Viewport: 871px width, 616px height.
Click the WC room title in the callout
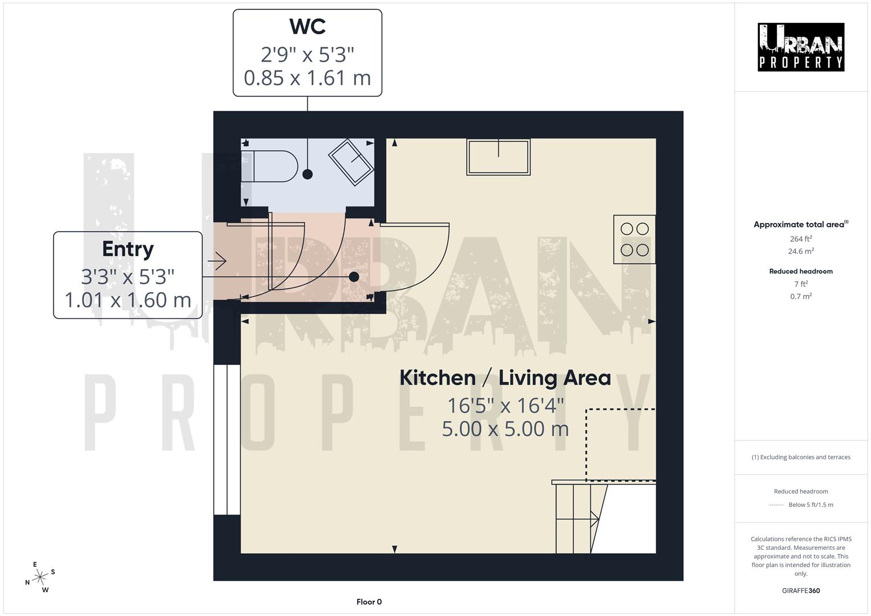[307, 27]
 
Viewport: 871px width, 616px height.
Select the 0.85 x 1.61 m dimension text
[307, 78]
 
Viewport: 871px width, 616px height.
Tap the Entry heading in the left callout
[128, 249]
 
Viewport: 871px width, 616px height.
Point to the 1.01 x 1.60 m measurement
[128, 300]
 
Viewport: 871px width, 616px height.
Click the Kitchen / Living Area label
[505, 378]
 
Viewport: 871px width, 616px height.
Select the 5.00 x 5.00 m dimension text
[505, 429]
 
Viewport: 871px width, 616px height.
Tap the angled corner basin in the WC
[351, 162]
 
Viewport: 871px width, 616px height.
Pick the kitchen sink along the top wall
[498, 157]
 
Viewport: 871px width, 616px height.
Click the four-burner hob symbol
[634, 239]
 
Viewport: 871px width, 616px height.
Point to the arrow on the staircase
[594, 519]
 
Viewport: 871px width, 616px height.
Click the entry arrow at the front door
[217, 261]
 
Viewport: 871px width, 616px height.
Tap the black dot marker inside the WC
[307, 175]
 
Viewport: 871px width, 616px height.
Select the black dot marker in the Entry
[354, 277]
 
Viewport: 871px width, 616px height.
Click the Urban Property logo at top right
[801, 47]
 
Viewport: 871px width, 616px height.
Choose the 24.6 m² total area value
[801, 251]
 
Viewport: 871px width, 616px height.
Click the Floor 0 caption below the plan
[369, 602]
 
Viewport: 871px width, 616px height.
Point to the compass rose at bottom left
[40, 578]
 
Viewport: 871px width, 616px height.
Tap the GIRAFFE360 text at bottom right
[801, 590]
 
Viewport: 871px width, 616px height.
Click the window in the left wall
[227, 439]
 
